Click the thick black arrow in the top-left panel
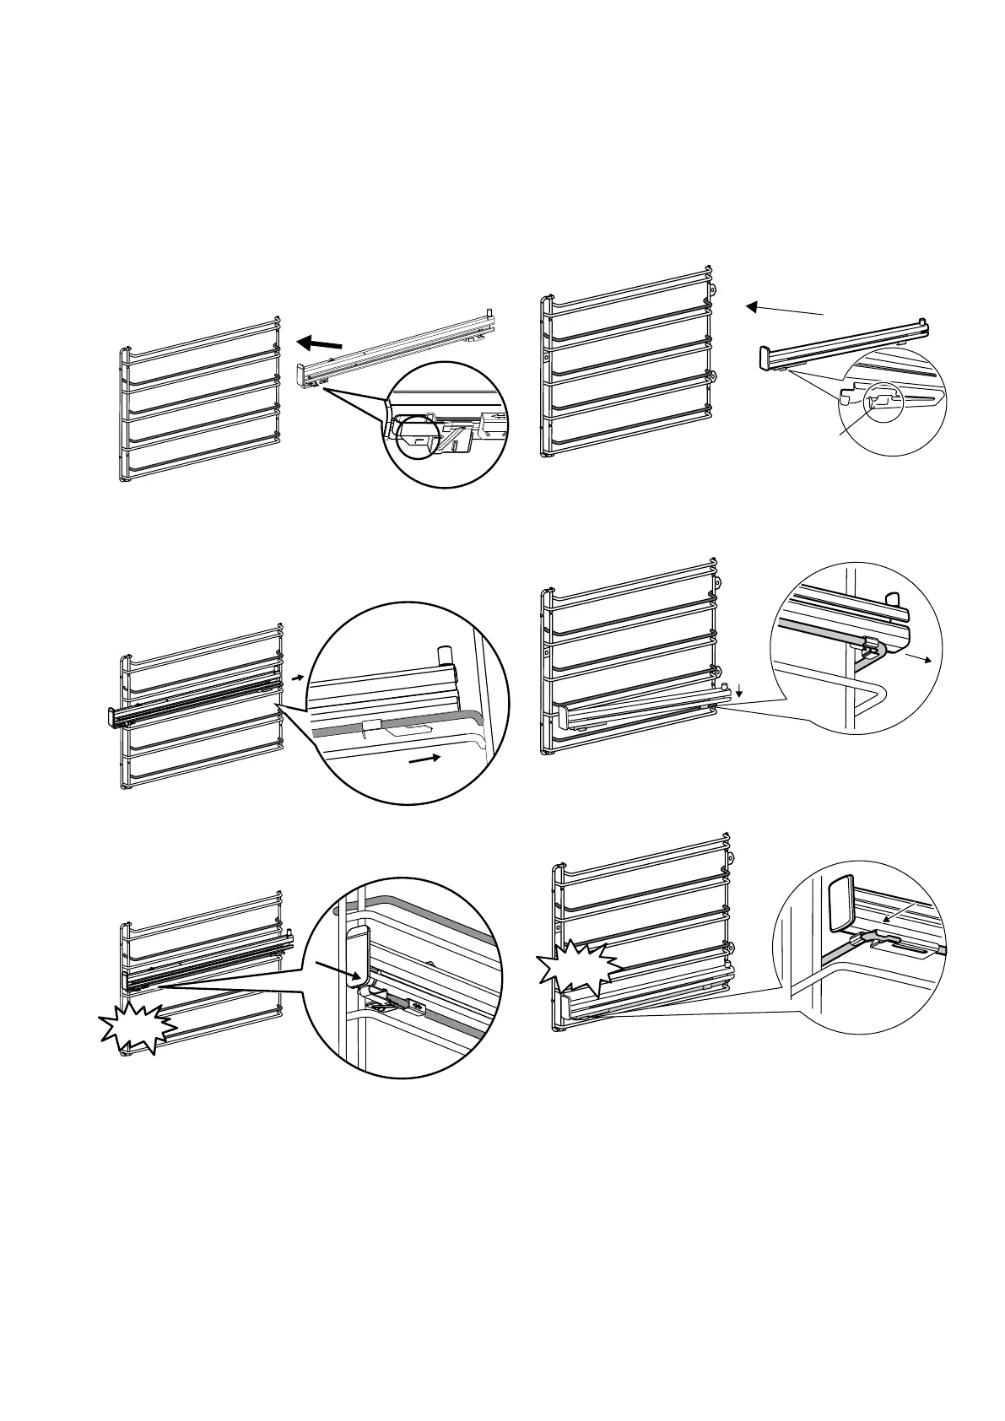coord(320,343)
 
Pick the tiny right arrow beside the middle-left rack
coord(297,677)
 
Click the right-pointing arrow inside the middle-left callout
coord(424,760)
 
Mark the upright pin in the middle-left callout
coord(444,656)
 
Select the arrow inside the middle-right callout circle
coord(916,657)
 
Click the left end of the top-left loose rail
coord(300,373)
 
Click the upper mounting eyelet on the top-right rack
coord(716,288)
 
